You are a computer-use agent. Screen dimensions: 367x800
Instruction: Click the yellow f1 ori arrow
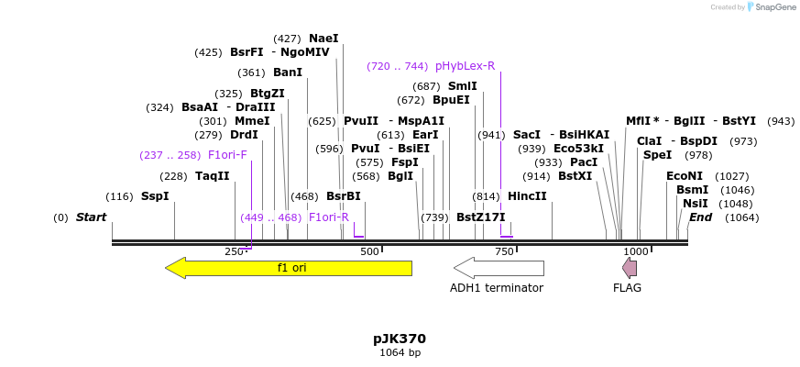point(289,268)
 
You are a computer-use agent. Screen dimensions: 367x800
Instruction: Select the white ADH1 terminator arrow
point(499,268)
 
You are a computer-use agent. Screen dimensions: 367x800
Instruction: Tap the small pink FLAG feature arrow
point(630,268)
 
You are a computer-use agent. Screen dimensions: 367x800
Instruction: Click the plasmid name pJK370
point(400,339)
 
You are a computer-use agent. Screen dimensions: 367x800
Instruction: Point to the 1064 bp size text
point(400,352)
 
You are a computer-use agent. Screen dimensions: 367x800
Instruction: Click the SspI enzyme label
point(154,196)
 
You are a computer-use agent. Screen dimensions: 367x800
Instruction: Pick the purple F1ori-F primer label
point(227,155)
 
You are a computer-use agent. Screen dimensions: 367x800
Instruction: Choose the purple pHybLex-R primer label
point(465,66)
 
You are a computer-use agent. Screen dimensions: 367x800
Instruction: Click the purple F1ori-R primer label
point(328,217)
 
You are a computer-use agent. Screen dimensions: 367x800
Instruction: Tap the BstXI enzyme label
point(575,176)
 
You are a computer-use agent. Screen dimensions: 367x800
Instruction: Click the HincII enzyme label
point(527,196)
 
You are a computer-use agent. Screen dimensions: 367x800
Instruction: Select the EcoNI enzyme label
point(684,176)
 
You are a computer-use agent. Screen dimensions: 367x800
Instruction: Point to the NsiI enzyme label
point(695,204)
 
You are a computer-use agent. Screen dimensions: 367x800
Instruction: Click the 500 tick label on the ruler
point(369,251)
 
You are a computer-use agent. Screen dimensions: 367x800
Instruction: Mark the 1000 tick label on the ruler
point(636,251)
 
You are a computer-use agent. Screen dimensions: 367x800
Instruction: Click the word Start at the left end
point(91,217)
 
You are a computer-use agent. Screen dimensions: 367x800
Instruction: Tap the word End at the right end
point(700,217)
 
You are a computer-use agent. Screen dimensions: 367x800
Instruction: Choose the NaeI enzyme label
point(323,39)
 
